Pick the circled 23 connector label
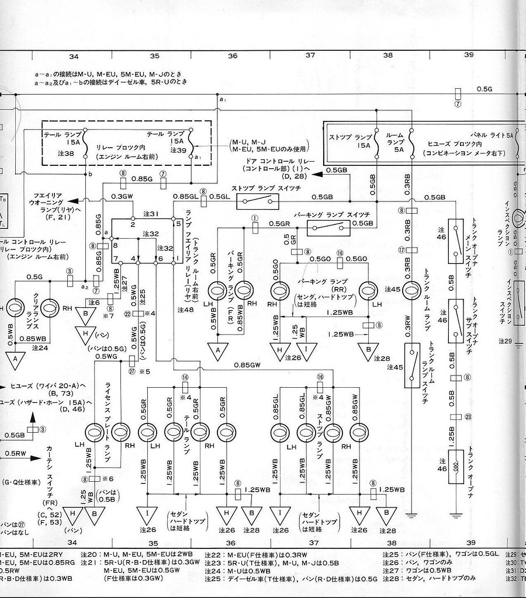tap(468, 416)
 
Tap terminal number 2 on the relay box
tap(133, 224)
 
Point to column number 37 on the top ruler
tap(310, 55)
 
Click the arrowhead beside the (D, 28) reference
tap(316, 172)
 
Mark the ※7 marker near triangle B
tap(107, 315)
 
